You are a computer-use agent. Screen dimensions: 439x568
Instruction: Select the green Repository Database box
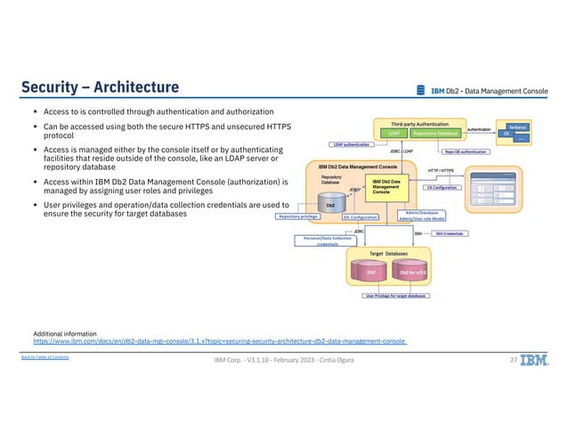434,133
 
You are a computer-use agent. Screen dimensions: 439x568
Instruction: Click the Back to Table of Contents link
45,357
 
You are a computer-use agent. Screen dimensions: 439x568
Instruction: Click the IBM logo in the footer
535,361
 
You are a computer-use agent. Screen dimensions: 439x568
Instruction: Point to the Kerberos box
517,127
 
